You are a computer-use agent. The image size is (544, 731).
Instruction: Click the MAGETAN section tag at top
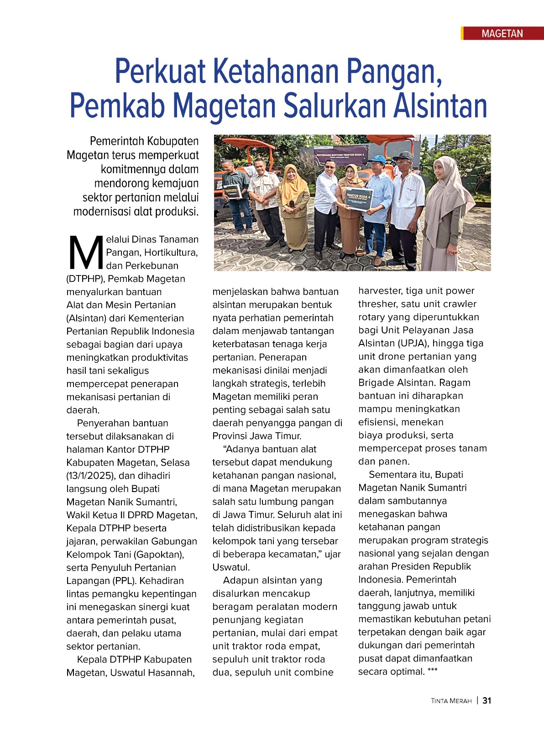502,33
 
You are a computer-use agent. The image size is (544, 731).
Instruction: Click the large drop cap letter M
86,253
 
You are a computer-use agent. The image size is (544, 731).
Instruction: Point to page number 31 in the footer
487,701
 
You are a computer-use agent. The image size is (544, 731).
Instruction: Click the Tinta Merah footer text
451,701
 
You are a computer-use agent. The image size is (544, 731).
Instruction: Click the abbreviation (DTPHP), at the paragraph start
85,279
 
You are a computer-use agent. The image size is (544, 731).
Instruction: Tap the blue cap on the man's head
377,159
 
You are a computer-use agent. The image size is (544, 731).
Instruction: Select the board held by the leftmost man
232,191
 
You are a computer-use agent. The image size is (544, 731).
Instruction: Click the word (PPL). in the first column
123,581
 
